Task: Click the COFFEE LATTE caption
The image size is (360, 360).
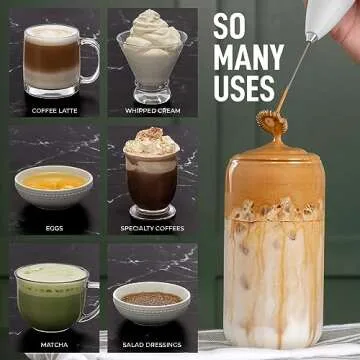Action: coord(54,110)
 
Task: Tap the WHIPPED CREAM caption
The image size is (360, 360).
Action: coord(151,110)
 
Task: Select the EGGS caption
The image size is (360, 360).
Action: coord(54,228)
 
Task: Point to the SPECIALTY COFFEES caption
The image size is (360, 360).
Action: coord(151,228)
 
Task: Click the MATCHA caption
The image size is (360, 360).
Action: coord(54,345)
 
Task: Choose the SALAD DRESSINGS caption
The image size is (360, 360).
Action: coord(151,345)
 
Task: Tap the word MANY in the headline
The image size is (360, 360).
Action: coord(249,57)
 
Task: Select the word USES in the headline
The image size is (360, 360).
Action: coord(244,88)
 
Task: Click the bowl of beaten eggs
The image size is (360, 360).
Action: coord(54,184)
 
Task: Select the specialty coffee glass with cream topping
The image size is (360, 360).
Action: coord(151,175)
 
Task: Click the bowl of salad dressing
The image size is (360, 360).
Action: coord(151,300)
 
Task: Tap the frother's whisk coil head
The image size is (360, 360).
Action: coord(267,122)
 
